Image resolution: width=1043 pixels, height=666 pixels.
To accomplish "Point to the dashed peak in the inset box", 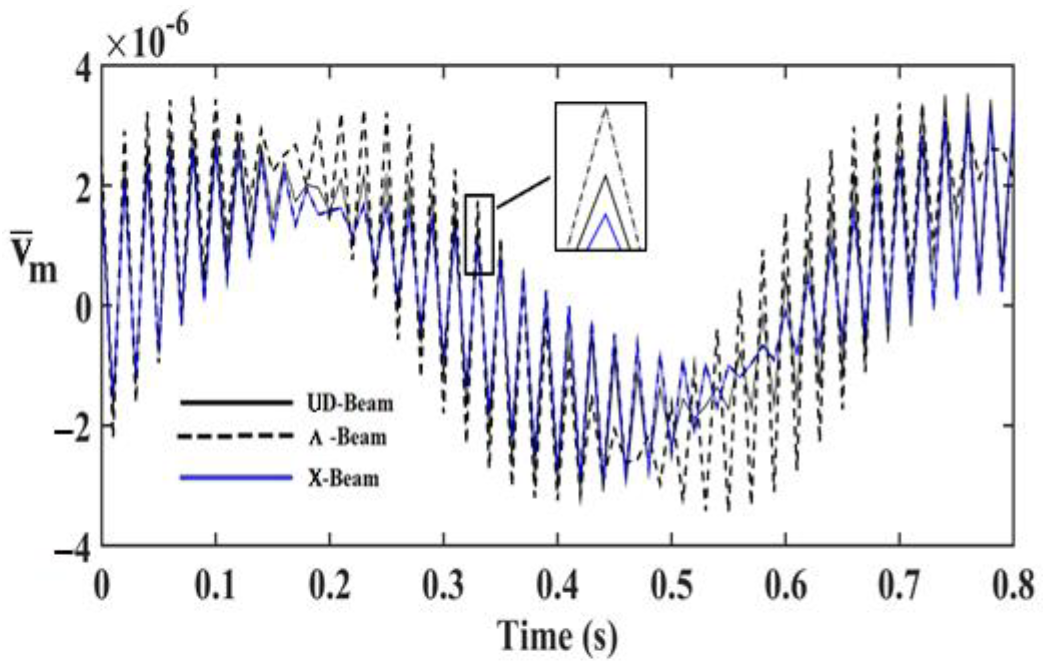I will (x=606, y=109).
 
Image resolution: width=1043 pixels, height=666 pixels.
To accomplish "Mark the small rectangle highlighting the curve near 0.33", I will (x=479, y=234).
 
